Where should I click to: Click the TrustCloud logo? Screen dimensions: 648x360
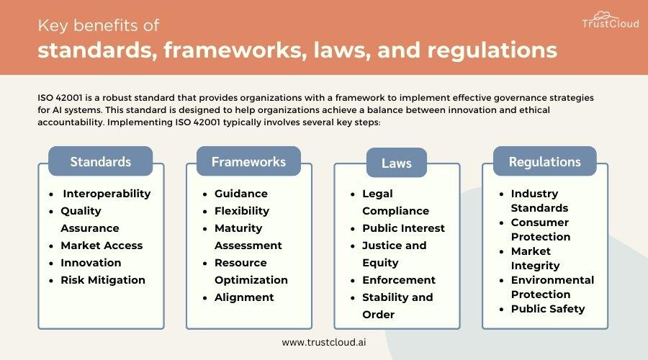pyautogui.click(x=611, y=20)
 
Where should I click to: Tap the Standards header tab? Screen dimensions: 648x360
pyautogui.click(x=100, y=161)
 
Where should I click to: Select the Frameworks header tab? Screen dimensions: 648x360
pyautogui.click(x=248, y=161)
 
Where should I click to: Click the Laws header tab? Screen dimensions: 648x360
pyautogui.click(x=396, y=163)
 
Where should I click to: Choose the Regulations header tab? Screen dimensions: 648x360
pyautogui.click(x=545, y=161)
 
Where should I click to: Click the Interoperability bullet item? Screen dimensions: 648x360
pyautogui.click(x=107, y=194)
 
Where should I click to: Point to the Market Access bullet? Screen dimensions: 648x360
pyautogui.click(x=102, y=246)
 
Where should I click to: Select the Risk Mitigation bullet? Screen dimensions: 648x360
pyautogui.click(x=103, y=280)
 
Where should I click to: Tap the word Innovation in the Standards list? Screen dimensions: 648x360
pyautogui.click(x=91, y=263)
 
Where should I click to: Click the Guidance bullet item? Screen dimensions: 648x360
pyautogui.click(x=241, y=194)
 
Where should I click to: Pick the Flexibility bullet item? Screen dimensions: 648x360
pyautogui.click(x=242, y=211)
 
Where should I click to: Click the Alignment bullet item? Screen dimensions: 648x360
pyautogui.click(x=244, y=297)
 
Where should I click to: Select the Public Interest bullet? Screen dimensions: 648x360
pyautogui.click(x=403, y=228)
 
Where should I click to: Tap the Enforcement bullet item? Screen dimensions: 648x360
pyautogui.click(x=399, y=280)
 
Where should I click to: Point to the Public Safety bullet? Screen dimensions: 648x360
pyautogui.click(x=548, y=309)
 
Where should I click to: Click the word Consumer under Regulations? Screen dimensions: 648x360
pyautogui.click(x=540, y=222)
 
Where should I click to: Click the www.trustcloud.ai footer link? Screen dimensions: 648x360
pyautogui.click(x=324, y=342)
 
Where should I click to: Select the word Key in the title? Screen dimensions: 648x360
pyautogui.click(x=53, y=26)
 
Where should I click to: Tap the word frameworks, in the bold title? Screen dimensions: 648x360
pyautogui.click(x=235, y=50)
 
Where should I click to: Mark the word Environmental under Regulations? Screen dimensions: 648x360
pyautogui.click(x=552, y=280)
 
